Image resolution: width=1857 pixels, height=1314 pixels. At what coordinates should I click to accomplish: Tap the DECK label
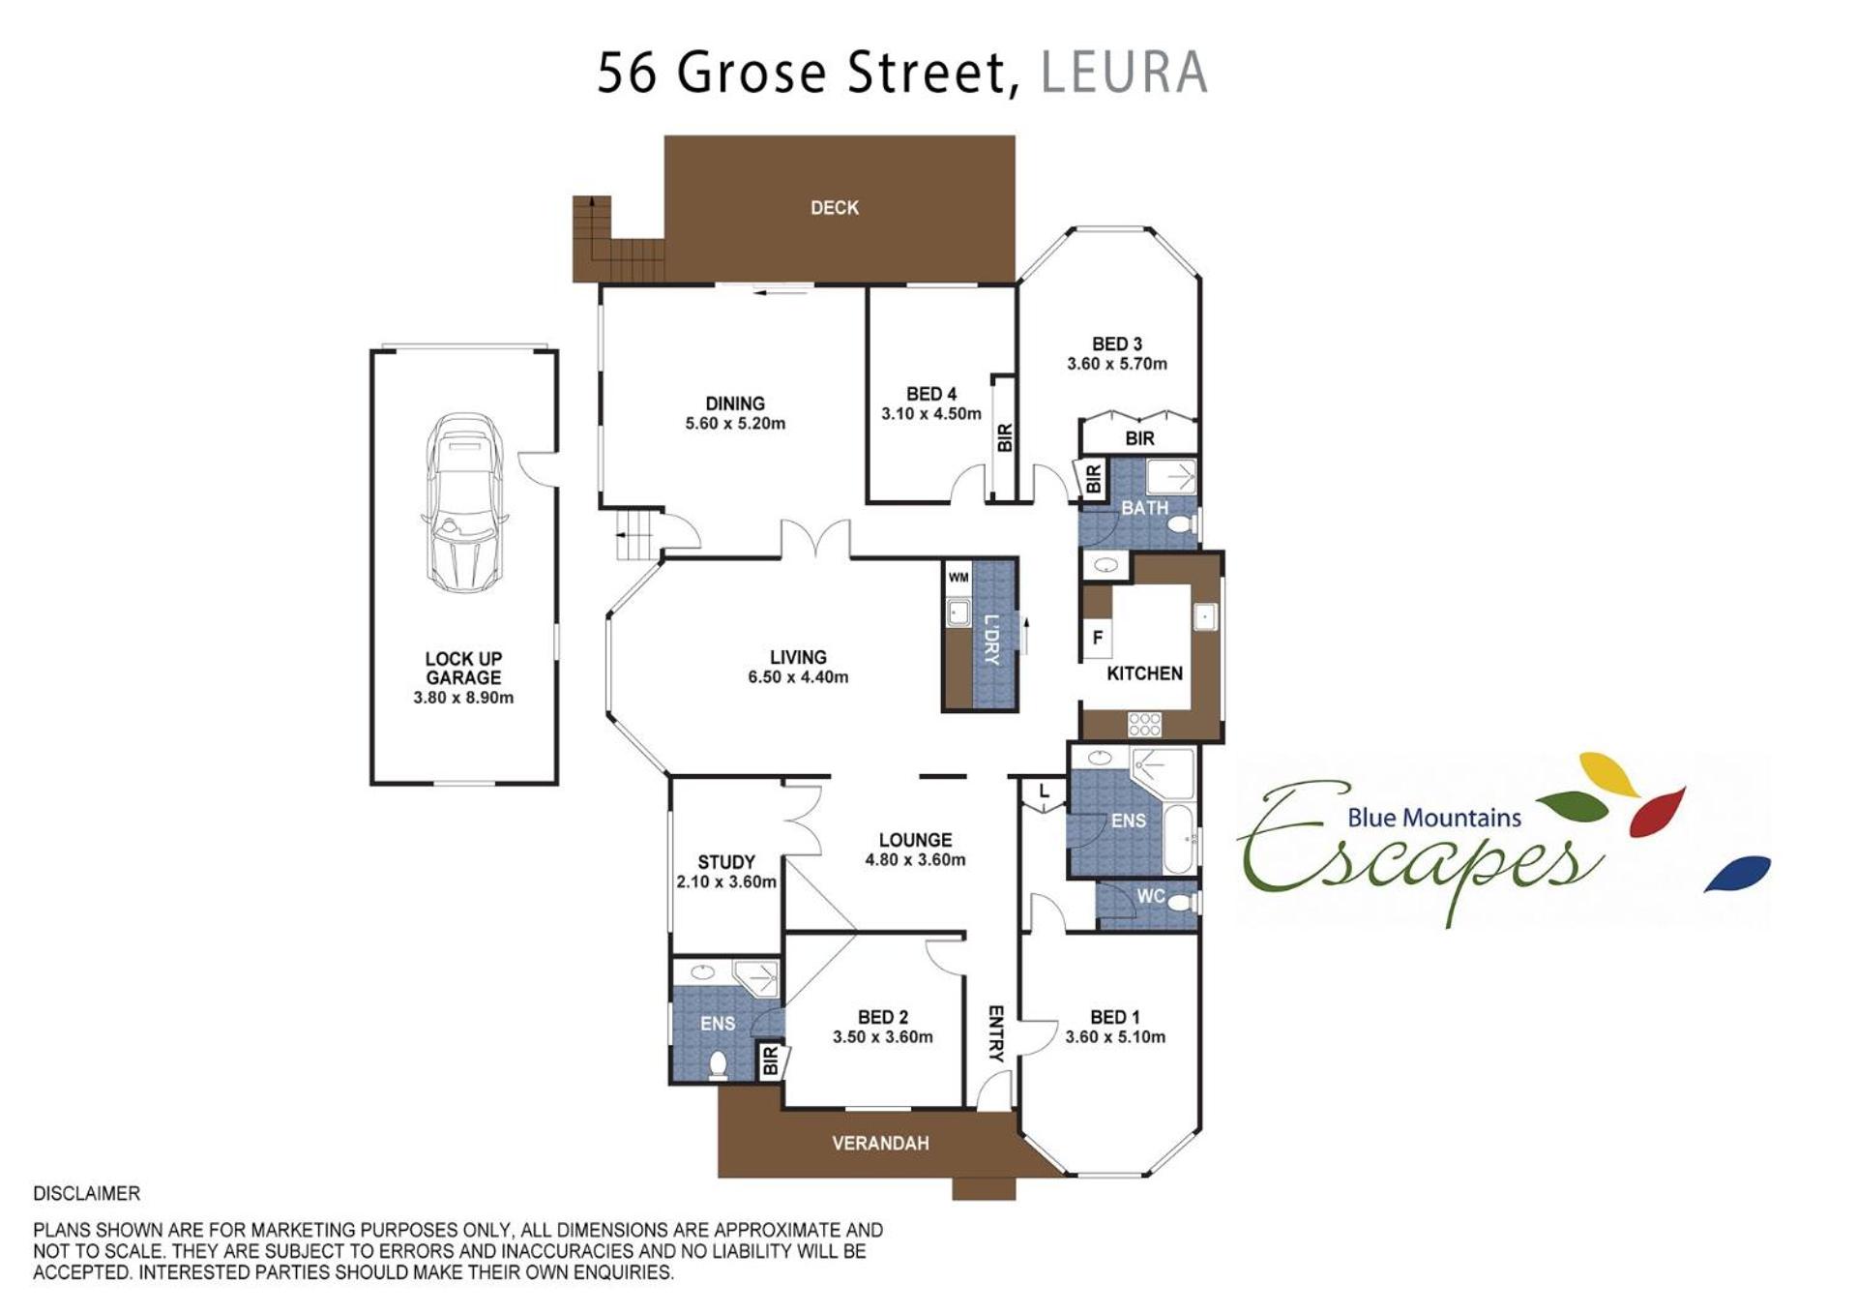pos(835,208)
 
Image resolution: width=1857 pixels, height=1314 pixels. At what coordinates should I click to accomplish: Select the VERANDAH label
pos(880,1143)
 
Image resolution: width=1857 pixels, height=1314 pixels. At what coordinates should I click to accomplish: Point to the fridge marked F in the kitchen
pos(1097,638)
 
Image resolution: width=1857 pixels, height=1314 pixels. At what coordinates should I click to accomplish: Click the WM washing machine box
pos(958,578)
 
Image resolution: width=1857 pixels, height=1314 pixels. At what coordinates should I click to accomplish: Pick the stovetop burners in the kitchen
pos(1144,724)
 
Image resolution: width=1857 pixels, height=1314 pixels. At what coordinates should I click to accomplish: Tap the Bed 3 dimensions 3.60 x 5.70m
pos(1117,365)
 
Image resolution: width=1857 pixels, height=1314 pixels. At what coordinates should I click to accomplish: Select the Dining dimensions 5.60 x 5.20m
pos(735,424)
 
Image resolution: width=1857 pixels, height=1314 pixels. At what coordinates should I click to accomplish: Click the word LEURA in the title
pos(1124,73)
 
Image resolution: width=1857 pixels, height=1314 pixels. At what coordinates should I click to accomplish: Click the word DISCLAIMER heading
pos(87,1194)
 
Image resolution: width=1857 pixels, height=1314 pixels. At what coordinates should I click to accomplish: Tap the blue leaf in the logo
pos(1737,873)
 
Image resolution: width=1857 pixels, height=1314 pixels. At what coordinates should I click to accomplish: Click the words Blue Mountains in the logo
pos(1434,818)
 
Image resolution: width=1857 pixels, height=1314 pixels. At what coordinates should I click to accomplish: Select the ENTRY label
pos(995,1034)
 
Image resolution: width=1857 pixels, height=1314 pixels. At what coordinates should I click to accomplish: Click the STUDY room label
pos(726,862)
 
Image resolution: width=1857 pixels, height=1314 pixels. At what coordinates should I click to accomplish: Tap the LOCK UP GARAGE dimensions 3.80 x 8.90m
pos(463,698)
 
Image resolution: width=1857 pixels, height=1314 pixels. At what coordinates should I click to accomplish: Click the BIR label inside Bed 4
pos(1005,438)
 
